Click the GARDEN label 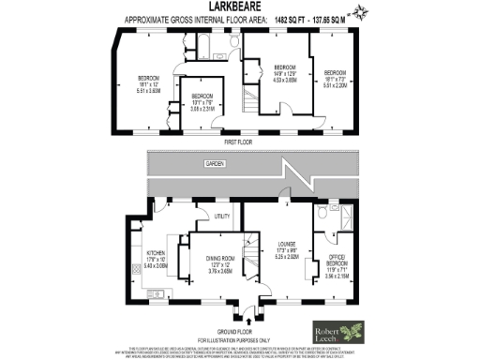[217, 164]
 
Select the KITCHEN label [155, 253]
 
